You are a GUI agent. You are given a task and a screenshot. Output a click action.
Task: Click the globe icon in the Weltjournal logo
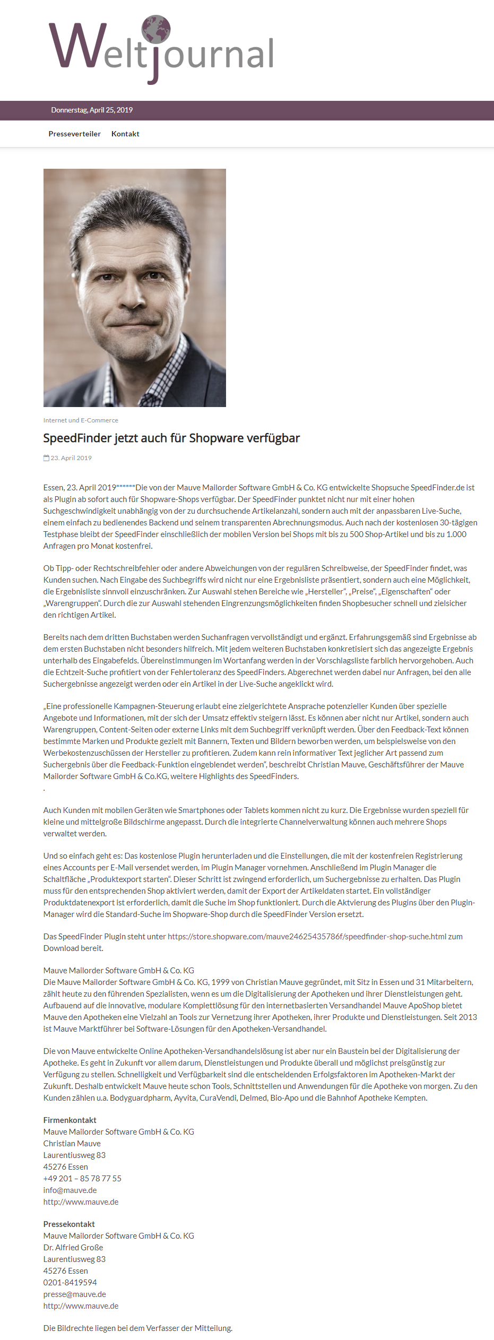click(156, 29)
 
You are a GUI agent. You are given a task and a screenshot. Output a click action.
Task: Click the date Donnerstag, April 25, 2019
click(92, 110)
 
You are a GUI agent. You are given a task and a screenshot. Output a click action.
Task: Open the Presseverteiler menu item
click(74, 134)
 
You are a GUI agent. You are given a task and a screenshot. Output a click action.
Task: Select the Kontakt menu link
click(125, 134)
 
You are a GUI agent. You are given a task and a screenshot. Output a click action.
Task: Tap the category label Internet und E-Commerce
click(81, 420)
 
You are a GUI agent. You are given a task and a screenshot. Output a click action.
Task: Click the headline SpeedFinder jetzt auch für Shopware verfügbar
click(171, 438)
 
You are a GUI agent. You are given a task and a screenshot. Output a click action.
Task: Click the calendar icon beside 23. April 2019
click(46, 458)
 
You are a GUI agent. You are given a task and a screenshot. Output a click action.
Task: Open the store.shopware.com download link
click(307, 937)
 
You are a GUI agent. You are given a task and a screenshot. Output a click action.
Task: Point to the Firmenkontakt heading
click(70, 1120)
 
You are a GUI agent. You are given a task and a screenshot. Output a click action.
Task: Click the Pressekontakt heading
click(69, 1224)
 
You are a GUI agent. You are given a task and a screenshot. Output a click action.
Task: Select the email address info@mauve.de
click(70, 1190)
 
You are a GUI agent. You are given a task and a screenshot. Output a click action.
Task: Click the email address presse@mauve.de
click(74, 1294)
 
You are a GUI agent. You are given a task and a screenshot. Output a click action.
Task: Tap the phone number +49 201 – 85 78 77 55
click(82, 1179)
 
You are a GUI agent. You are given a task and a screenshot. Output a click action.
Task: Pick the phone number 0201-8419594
click(70, 1283)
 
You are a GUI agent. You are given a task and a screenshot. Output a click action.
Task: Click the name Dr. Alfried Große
click(73, 1248)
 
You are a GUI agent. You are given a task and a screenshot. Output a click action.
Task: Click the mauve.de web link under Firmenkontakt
click(81, 1202)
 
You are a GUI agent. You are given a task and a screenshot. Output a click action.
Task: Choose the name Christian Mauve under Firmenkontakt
click(72, 1144)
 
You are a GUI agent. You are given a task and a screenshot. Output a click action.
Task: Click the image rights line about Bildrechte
click(137, 1328)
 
